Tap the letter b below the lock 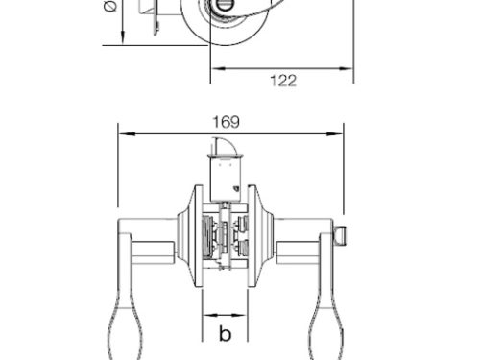224,334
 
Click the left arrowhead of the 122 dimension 214,68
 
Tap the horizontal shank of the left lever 152,252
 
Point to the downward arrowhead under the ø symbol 123,39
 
